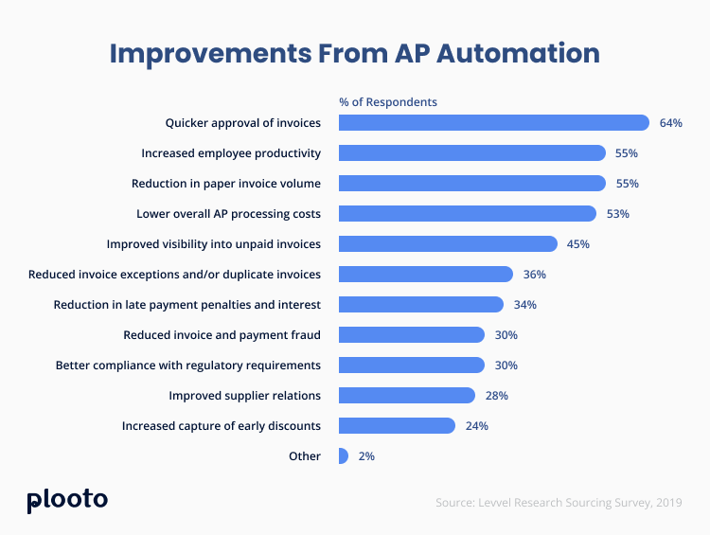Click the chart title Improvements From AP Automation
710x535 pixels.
(x=354, y=52)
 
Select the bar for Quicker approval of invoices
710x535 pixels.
(x=493, y=123)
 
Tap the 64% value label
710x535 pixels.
(x=671, y=123)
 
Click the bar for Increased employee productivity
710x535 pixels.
(x=471, y=153)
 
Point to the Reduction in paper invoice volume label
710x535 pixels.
(x=225, y=184)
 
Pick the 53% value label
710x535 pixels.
(x=618, y=214)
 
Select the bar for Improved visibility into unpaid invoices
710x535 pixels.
(x=448, y=244)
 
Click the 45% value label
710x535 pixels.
(x=578, y=244)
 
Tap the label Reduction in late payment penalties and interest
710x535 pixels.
(x=186, y=305)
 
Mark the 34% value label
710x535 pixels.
(x=525, y=305)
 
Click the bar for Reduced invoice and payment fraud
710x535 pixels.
(x=411, y=335)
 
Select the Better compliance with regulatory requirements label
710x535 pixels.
(x=187, y=366)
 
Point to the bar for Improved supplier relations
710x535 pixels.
(x=406, y=396)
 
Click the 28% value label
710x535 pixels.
(x=497, y=396)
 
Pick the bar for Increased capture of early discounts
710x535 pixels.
(x=397, y=426)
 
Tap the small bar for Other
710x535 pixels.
(x=343, y=456)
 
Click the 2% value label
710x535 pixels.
(x=366, y=456)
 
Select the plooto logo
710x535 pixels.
(x=67, y=500)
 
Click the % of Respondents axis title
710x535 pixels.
(x=388, y=102)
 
